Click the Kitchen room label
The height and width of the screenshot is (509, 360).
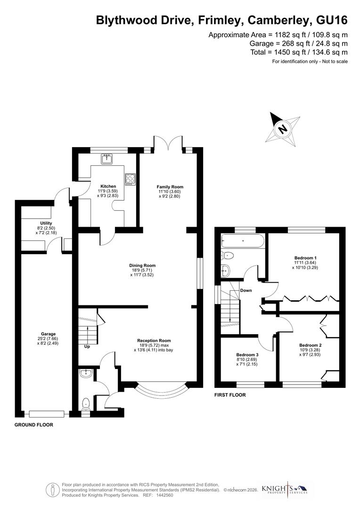tap(108, 186)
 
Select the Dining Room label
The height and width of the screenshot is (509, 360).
tap(142, 265)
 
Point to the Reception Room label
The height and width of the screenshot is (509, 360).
tap(154, 340)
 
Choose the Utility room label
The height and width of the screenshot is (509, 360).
tap(46, 223)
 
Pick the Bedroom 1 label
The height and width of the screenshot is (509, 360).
tap(305, 258)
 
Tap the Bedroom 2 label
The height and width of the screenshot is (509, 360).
tap(310, 345)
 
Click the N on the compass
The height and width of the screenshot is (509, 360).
tap(282, 128)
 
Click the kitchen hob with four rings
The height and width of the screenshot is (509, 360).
tap(130, 179)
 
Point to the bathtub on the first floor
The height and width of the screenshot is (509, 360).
tap(243, 241)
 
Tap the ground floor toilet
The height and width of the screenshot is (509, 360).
tap(86, 403)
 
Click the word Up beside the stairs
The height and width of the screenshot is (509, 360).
tap(87, 347)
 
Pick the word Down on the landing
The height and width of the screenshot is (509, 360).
tap(245, 290)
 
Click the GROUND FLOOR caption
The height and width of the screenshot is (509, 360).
tap(33, 425)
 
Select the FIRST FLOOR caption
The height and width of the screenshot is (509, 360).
tap(230, 395)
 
